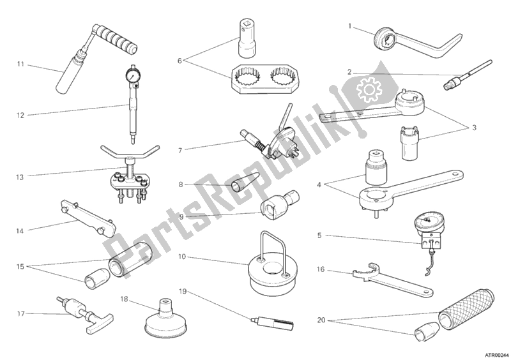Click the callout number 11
tap(20, 64)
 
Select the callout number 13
tap(20, 177)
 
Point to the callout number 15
tap(20, 267)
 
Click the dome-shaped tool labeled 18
tap(166, 320)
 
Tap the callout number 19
tap(183, 291)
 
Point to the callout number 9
tap(181, 216)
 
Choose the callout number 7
tap(180, 151)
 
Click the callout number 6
tap(179, 61)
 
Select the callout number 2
tap(349, 72)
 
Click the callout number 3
tap(474, 128)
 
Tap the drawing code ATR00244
tap(498, 355)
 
